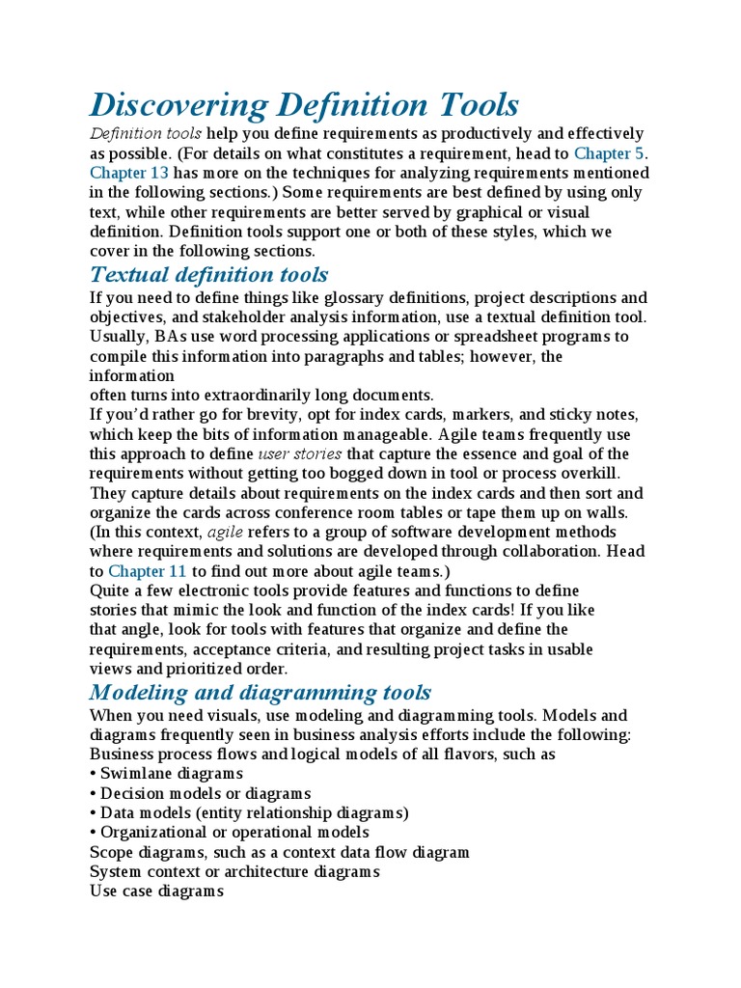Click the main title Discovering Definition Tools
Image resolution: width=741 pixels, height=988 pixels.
click(x=304, y=104)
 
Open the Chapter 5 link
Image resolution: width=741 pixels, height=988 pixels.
click(x=610, y=153)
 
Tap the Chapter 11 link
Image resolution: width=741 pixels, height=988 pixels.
click(x=148, y=571)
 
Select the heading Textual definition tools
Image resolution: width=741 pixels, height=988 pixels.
click(x=208, y=275)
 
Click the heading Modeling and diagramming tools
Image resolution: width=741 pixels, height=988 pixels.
click(x=261, y=692)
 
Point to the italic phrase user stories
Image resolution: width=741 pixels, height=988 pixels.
click(x=300, y=453)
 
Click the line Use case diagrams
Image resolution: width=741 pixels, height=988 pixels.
click(x=156, y=892)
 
